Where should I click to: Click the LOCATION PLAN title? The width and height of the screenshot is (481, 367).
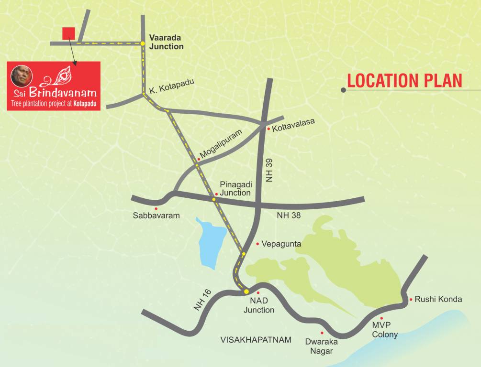click(404, 81)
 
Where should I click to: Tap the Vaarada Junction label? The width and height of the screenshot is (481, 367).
click(166, 42)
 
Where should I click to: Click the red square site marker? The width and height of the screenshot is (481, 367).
click(68, 33)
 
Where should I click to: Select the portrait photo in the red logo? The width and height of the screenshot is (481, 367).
click(22, 76)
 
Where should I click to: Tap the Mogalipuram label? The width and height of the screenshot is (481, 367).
click(221, 144)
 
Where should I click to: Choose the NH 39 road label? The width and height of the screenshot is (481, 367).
click(269, 170)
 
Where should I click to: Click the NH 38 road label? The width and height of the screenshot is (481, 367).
click(289, 216)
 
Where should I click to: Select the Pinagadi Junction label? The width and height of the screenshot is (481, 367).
click(235, 188)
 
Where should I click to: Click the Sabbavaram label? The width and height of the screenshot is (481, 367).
click(156, 216)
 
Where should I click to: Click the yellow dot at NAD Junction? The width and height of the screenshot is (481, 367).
click(246, 291)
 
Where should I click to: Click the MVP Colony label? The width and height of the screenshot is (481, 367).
click(385, 330)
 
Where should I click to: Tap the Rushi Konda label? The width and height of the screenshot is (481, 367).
click(438, 299)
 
